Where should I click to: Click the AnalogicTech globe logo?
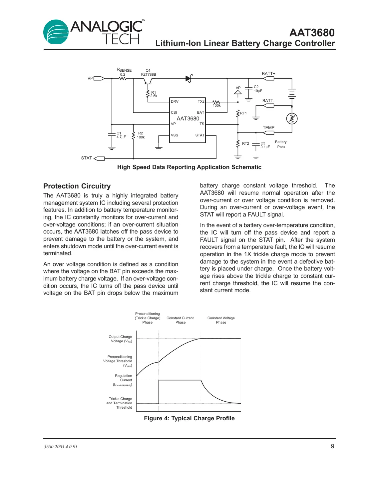(x=56, y=32)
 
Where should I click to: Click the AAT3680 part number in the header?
(x=312, y=33)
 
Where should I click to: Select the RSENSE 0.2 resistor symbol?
(x=123, y=79)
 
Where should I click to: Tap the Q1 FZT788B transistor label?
(x=148, y=73)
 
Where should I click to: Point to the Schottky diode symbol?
(x=189, y=78)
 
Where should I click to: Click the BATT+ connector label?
(x=268, y=74)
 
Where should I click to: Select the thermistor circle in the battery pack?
(x=292, y=118)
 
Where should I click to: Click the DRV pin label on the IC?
(x=175, y=101)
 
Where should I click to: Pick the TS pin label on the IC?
(x=202, y=124)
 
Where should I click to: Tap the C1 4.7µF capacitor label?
(x=121, y=135)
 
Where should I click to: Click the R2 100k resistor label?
(x=141, y=135)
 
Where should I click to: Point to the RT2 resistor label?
(x=245, y=143)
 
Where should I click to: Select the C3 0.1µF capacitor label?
(x=265, y=145)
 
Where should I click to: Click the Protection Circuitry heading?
(x=77, y=186)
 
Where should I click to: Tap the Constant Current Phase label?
(x=180, y=320)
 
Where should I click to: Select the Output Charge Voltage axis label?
(x=120, y=339)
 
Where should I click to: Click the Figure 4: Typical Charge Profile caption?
(x=189, y=418)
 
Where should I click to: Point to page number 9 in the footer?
(x=332, y=446)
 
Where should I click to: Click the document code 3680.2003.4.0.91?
(x=61, y=447)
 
